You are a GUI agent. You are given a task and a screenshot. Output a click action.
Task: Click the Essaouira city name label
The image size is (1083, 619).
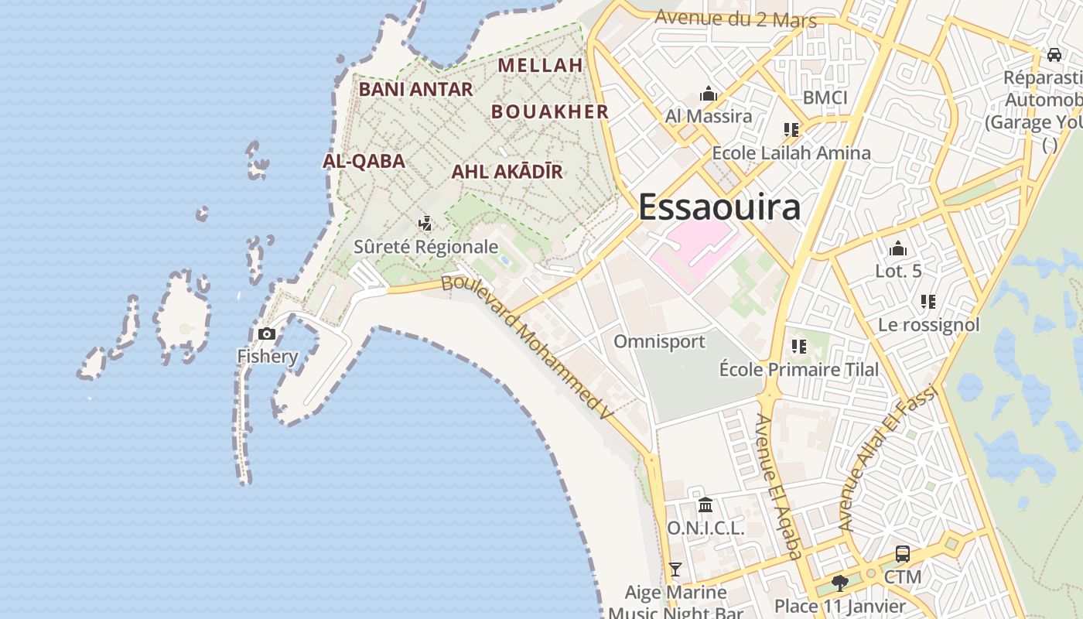719,207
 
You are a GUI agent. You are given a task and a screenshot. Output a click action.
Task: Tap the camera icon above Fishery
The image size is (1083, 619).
267,334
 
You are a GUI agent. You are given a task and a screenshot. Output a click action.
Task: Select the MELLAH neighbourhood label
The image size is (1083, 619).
540,66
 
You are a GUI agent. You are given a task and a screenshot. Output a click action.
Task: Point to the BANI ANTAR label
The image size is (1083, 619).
415,90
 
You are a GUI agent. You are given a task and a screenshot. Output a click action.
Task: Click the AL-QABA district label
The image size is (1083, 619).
364,161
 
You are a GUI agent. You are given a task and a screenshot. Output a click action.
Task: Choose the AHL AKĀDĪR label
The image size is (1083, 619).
507,172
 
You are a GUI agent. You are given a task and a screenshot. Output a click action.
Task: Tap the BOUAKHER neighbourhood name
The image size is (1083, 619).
550,111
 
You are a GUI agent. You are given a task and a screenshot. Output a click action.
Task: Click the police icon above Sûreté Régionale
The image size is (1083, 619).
425,224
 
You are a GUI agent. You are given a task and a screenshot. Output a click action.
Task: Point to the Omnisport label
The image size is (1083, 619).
659,341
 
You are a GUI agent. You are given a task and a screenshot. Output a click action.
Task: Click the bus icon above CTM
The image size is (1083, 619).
903,554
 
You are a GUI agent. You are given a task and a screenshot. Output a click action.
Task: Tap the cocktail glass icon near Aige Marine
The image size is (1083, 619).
675,569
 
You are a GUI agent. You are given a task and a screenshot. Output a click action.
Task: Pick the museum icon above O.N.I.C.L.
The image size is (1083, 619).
705,505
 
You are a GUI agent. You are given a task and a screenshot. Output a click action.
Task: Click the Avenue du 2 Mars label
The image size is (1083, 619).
736,19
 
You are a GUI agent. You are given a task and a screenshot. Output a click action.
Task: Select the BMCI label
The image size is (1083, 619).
825,97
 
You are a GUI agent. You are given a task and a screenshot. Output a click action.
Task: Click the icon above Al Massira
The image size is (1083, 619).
709,95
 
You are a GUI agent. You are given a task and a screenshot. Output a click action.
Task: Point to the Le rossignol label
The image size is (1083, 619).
928,325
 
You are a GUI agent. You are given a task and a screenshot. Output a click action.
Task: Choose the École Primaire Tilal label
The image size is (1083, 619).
799,370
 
